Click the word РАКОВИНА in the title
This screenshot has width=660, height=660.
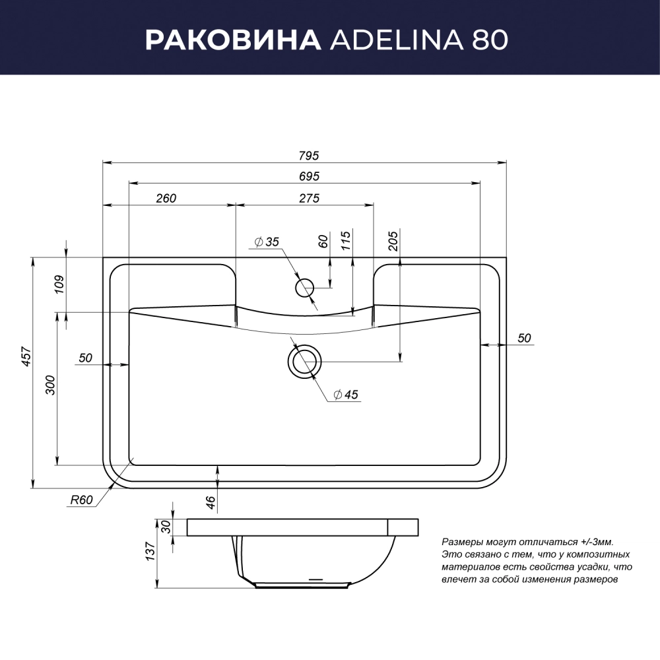click(x=233, y=40)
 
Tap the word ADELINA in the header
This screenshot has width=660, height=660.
click(x=397, y=40)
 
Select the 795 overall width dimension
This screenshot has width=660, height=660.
click(x=309, y=156)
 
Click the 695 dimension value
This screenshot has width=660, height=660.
click(x=310, y=176)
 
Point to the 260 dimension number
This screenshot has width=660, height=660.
click(x=166, y=198)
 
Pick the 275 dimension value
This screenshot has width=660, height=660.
click(x=310, y=198)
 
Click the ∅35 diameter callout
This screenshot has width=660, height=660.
click(x=267, y=242)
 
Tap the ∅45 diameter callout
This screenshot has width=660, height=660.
click(x=346, y=395)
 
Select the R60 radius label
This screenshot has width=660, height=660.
click(x=81, y=500)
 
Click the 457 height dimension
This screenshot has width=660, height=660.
click(x=27, y=356)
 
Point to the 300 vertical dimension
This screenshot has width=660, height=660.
click(x=50, y=385)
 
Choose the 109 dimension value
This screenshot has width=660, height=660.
click(x=59, y=284)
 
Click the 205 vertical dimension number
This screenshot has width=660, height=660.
click(x=393, y=241)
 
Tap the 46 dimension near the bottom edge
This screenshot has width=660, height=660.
click(x=211, y=502)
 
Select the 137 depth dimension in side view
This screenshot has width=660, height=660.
click(x=150, y=551)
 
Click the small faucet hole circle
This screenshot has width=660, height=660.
click(x=305, y=288)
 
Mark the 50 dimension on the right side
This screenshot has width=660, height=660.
click(x=524, y=338)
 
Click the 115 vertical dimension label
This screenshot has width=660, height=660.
click(x=346, y=241)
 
